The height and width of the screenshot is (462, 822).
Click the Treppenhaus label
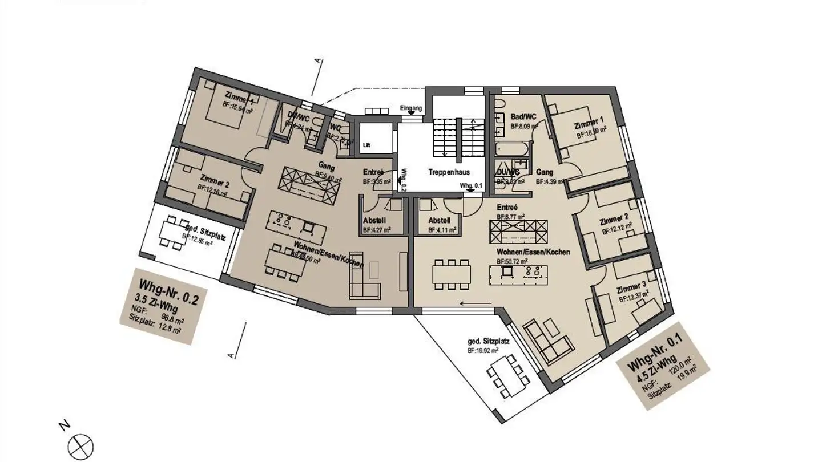click(449, 172)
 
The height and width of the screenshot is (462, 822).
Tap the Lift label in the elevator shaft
click(366, 145)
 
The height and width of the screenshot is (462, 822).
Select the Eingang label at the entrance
click(411, 108)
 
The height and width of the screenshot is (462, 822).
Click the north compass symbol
click(80, 444)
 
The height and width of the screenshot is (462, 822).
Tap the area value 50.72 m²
click(512, 261)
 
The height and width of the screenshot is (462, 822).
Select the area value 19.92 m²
click(483, 351)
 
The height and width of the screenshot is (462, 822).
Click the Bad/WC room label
click(523, 116)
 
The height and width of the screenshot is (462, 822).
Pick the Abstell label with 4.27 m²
click(376, 221)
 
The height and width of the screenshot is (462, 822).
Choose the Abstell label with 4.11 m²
click(440, 221)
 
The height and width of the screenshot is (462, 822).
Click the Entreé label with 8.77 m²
click(507, 208)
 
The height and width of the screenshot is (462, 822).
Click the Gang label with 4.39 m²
click(545, 172)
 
